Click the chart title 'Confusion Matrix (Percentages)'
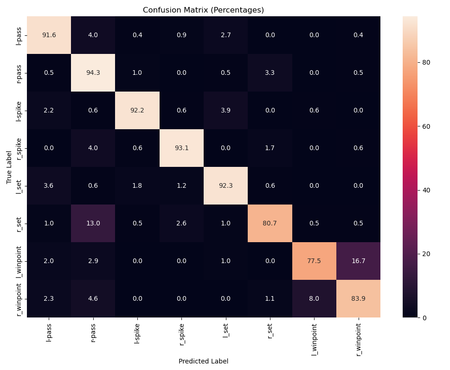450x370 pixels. (203, 10)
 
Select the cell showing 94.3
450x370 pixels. (93, 73)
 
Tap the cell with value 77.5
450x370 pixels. (314, 261)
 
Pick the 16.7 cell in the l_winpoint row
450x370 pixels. (358, 261)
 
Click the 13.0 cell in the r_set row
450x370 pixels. (93, 223)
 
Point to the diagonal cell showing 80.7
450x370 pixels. (270, 223)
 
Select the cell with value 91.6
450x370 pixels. (49, 35)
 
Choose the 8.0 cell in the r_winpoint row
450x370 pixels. (314, 298)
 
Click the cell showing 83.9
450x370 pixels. (358, 298)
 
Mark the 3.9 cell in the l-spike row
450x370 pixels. (226, 110)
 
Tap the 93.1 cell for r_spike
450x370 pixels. (181, 148)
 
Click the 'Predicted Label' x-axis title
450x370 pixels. (203, 361)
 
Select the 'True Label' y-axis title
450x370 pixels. (9, 167)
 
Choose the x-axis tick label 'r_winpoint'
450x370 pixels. (359, 339)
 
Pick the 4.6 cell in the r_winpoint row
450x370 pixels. (93, 298)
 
